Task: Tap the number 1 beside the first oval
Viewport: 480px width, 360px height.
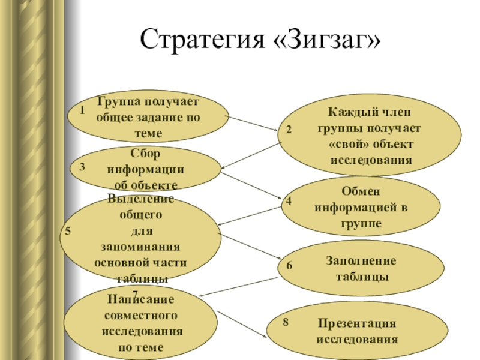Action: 81,110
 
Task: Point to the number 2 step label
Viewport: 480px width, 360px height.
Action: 289,130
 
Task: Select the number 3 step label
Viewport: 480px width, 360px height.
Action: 82,169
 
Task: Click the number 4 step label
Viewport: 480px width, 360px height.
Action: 289,201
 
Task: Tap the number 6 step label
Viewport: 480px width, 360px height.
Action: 289,265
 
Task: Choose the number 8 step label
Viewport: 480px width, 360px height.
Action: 286,322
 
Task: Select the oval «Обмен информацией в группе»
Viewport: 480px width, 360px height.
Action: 361,207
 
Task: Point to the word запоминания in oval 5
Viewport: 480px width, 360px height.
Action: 142,248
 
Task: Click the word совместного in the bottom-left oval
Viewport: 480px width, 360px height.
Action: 140,314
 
